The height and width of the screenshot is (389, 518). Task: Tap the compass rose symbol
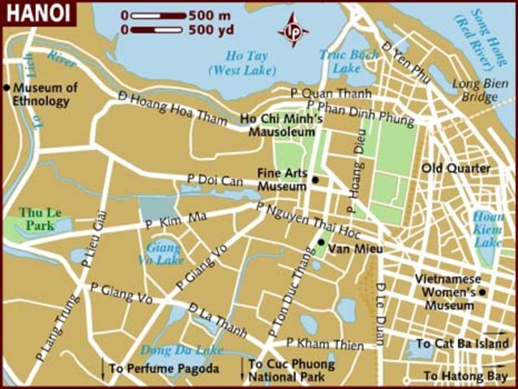coord(293,30)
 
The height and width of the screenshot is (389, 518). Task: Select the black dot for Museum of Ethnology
coord(7,88)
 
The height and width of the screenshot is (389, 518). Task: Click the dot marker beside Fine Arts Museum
coord(315,180)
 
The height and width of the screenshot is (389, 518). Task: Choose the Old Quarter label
coord(456,168)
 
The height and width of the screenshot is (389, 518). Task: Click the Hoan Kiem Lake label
coord(487,229)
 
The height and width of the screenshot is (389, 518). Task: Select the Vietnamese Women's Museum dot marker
coord(482,292)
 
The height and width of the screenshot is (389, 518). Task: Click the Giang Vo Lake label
coord(165,254)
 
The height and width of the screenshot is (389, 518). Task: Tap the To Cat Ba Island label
coord(463,344)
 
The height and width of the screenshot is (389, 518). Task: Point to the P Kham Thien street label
coord(324,345)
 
